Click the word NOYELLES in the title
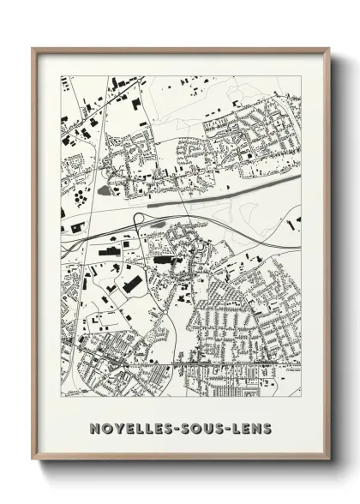pyautogui.click(x=129, y=428)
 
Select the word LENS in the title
pyautogui.click(x=249, y=428)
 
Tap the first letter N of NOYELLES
pyautogui.click(x=93, y=428)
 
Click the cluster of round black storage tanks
pyautogui.click(x=81, y=198)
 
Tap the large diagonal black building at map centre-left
pyautogui.click(x=132, y=281)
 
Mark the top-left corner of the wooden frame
pyautogui.click(x=33, y=48)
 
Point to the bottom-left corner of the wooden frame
pyautogui.click(x=33, y=459)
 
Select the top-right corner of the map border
pyautogui.click(x=301, y=76)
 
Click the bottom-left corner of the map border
pyautogui.click(x=61, y=397)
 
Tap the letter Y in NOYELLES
pyautogui.click(x=117, y=428)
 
